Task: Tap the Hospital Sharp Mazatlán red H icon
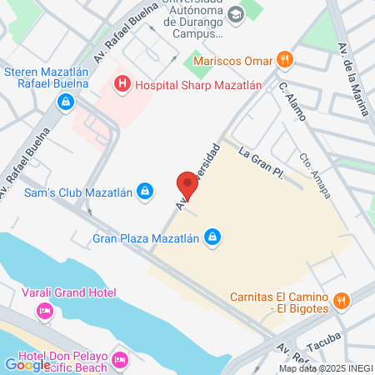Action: pos(122,83)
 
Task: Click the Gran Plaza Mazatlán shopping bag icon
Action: pos(212,238)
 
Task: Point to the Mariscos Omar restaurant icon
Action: pos(285,60)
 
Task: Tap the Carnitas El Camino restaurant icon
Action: pos(341,301)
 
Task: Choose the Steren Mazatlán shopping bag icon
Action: pos(64,102)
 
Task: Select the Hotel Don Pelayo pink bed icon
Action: pos(119,360)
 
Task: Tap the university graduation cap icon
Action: pos(236,15)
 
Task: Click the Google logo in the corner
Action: pos(27,364)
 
